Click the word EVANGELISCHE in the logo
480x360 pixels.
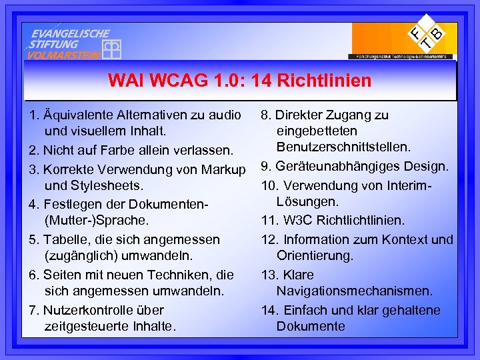[70, 33]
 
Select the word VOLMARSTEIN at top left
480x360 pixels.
[63, 55]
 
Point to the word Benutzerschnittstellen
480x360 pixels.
[344, 146]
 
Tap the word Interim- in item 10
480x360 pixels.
[409, 185]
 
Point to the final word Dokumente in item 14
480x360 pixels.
[311, 326]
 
